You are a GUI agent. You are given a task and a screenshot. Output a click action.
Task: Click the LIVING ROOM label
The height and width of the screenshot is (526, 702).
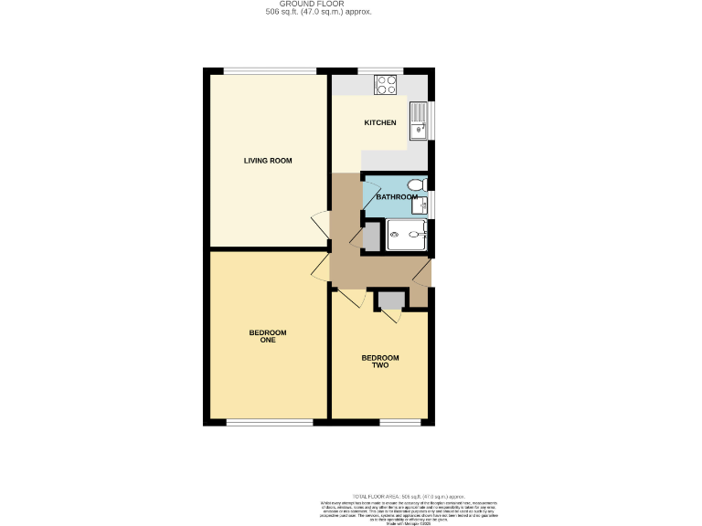(x=267, y=161)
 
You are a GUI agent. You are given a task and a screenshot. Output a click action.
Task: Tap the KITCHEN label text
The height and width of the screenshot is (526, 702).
(x=380, y=122)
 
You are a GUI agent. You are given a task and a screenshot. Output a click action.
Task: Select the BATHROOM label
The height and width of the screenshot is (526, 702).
(x=397, y=196)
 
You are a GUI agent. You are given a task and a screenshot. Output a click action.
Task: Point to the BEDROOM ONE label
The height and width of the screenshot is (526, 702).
(x=268, y=336)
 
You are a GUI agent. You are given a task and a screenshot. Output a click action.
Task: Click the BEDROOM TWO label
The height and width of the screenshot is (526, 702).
(x=380, y=362)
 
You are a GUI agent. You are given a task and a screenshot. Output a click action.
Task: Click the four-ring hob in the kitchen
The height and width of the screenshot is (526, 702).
(x=386, y=84)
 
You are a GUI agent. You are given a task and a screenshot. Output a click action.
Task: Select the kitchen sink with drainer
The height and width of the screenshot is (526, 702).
(x=420, y=120)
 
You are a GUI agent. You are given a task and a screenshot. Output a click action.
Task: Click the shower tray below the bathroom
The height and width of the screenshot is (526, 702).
(x=407, y=235)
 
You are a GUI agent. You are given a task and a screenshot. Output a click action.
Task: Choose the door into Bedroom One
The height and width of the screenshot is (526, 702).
(x=321, y=268)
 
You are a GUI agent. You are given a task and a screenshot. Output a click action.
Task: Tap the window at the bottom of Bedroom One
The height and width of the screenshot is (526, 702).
(x=269, y=422)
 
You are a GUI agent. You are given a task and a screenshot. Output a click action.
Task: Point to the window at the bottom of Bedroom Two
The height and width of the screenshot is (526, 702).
(x=399, y=422)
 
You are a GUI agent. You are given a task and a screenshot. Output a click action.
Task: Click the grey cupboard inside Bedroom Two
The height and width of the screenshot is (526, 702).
(x=391, y=300)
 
